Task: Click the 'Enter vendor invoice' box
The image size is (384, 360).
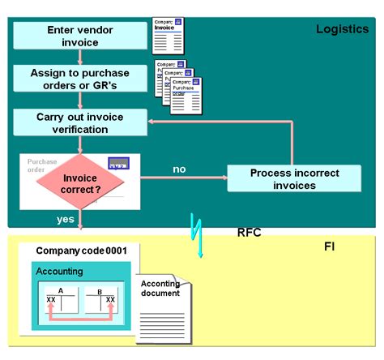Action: tap(80, 36)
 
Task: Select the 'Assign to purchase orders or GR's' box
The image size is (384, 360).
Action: tap(80, 79)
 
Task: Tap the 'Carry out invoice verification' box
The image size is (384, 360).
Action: tap(80, 122)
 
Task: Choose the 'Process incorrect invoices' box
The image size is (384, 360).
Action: tap(293, 178)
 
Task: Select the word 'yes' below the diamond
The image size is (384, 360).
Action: tap(66, 219)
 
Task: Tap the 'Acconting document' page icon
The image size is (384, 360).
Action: tap(162, 306)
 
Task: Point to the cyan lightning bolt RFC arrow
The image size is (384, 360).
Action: tap(196, 235)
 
